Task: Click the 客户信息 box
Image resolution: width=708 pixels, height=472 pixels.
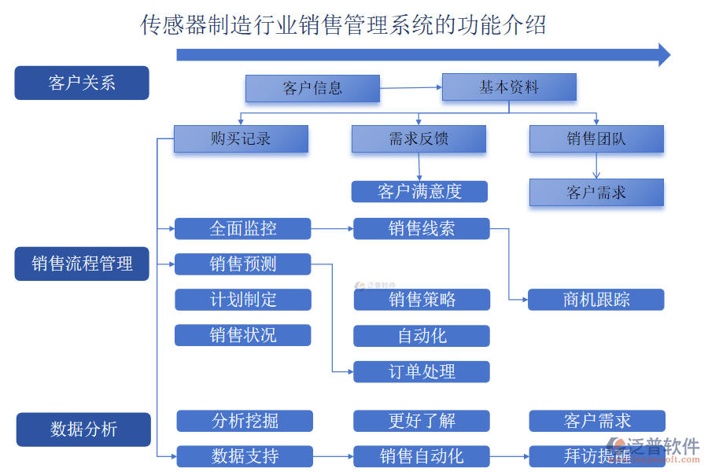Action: coord(312,88)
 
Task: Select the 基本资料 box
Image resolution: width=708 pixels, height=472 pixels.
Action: coord(509,87)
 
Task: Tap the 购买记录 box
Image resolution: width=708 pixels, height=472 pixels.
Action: coord(240,139)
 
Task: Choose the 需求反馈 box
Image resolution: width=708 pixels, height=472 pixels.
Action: coord(419,139)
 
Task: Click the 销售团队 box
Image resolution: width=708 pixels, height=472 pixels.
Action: coord(596,139)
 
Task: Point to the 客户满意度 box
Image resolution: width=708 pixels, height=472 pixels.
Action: coord(419,191)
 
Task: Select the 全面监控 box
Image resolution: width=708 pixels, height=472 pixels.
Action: coord(242,229)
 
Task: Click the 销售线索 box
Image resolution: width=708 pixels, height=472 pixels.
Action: coord(421,229)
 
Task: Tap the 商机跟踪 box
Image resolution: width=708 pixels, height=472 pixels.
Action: coord(596,300)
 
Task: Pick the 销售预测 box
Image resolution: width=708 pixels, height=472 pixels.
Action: coord(242,264)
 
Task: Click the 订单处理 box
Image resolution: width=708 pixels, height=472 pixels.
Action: coord(421,371)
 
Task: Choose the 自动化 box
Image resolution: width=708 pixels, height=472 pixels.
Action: coord(421,336)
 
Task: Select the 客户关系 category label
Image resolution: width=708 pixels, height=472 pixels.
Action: coord(81,83)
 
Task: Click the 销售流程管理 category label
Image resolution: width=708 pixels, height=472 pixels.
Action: coord(81,264)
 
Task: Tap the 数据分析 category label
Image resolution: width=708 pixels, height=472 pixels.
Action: coord(83,430)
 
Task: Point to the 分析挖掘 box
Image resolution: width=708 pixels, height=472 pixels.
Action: coord(244,421)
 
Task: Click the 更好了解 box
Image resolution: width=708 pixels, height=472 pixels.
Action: coord(421,421)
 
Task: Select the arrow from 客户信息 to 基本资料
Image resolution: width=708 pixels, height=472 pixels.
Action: coord(411,87)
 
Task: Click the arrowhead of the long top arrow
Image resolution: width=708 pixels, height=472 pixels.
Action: coord(663,54)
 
